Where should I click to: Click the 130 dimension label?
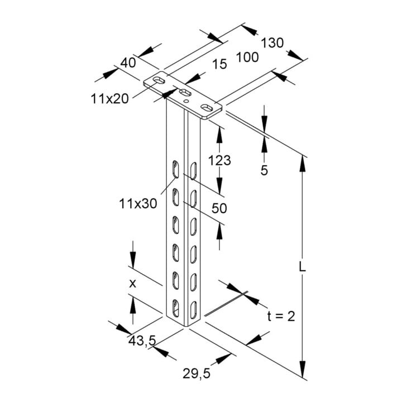[x=272, y=43]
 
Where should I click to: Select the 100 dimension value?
[x=247, y=57]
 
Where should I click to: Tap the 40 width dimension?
[x=128, y=63]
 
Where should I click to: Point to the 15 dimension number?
[x=220, y=64]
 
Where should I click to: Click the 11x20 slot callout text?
[x=110, y=99]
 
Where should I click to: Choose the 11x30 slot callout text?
[x=138, y=204]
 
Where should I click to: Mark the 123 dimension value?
[x=219, y=160]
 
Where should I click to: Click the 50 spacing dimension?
[x=219, y=208]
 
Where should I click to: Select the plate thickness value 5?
[x=264, y=170]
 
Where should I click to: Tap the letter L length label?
[x=303, y=267]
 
